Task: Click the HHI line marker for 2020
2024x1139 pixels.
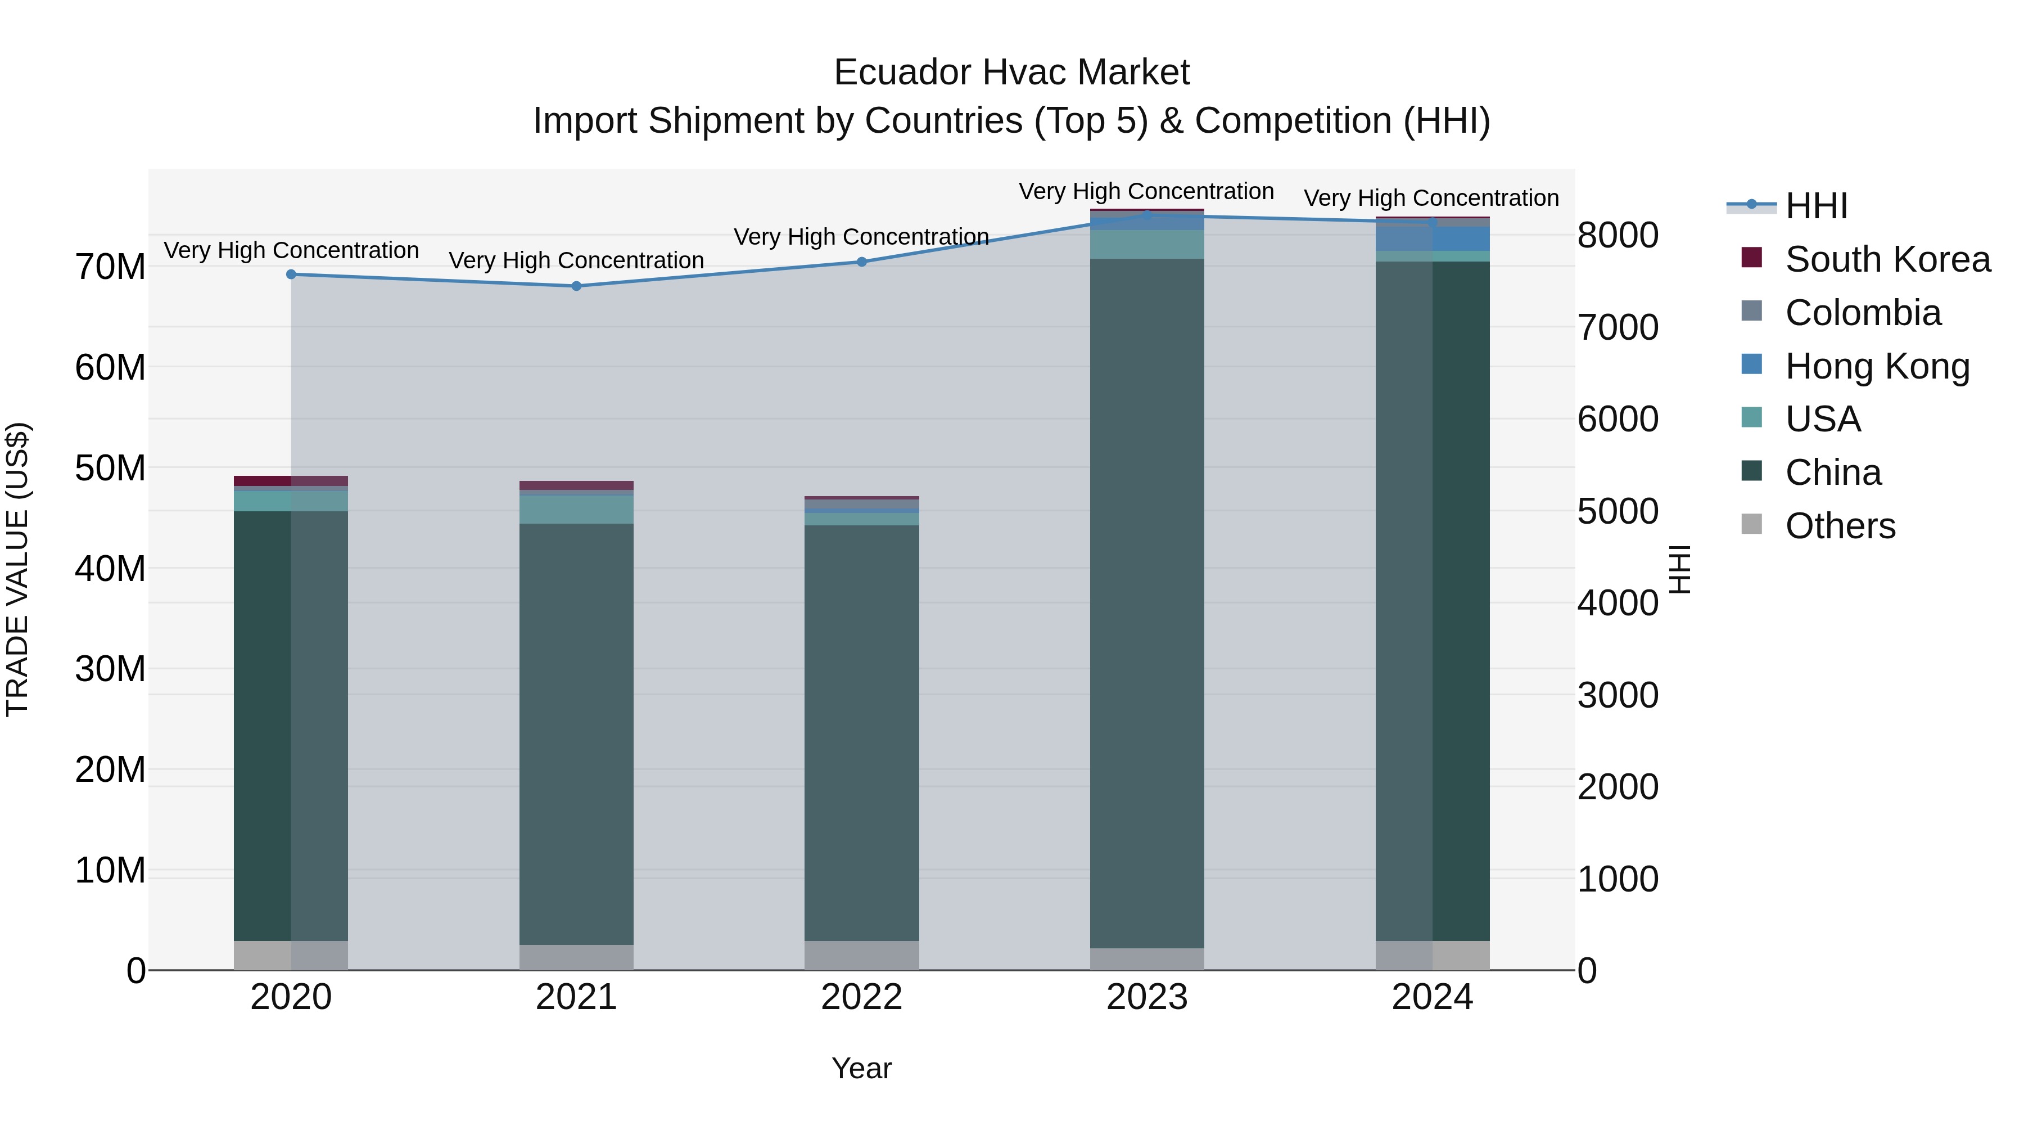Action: [291, 274]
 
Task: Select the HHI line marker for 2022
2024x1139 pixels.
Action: [861, 262]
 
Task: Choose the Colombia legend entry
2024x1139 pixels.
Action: [1862, 313]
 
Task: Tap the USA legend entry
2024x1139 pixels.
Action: [1822, 419]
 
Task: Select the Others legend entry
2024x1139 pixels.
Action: [1840, 526]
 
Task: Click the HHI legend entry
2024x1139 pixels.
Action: [1816, 206]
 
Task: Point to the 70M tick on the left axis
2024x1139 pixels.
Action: [110, 267]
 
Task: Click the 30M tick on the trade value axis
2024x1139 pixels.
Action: [110, 669]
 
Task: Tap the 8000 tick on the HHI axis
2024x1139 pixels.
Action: [1618, 235]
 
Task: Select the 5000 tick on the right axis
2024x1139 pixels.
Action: [1618, 512]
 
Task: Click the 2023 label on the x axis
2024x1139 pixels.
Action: [1146, 997]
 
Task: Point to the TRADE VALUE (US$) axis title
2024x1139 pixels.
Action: [17, 569]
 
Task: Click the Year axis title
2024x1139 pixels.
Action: [861, 1068]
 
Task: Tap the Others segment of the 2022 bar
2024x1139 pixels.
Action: [861, 955]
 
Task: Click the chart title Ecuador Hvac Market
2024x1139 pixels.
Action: [1011, 73]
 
